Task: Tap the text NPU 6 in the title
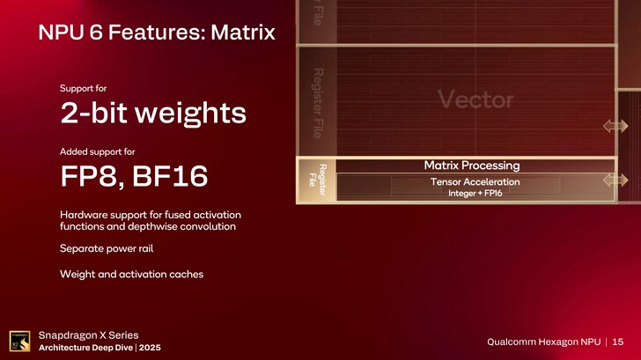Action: click(68, 34)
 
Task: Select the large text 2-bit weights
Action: click(152, 114)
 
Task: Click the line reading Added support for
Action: click(97, 151)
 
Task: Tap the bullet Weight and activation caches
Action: click(131, 275)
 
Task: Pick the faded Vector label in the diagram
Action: click(475, 100)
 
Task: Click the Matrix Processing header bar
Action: click(471, 165)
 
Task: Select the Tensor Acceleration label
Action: click(475, 181)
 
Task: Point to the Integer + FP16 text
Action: click(475, 193)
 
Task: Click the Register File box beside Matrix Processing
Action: click(317, 181)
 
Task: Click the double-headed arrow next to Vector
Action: click(615, 127)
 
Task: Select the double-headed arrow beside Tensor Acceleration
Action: click(615, 180)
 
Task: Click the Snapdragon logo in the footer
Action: click(21, 341)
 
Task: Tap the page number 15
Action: click(618, 342)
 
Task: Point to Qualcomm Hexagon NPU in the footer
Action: click(542, 342)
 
